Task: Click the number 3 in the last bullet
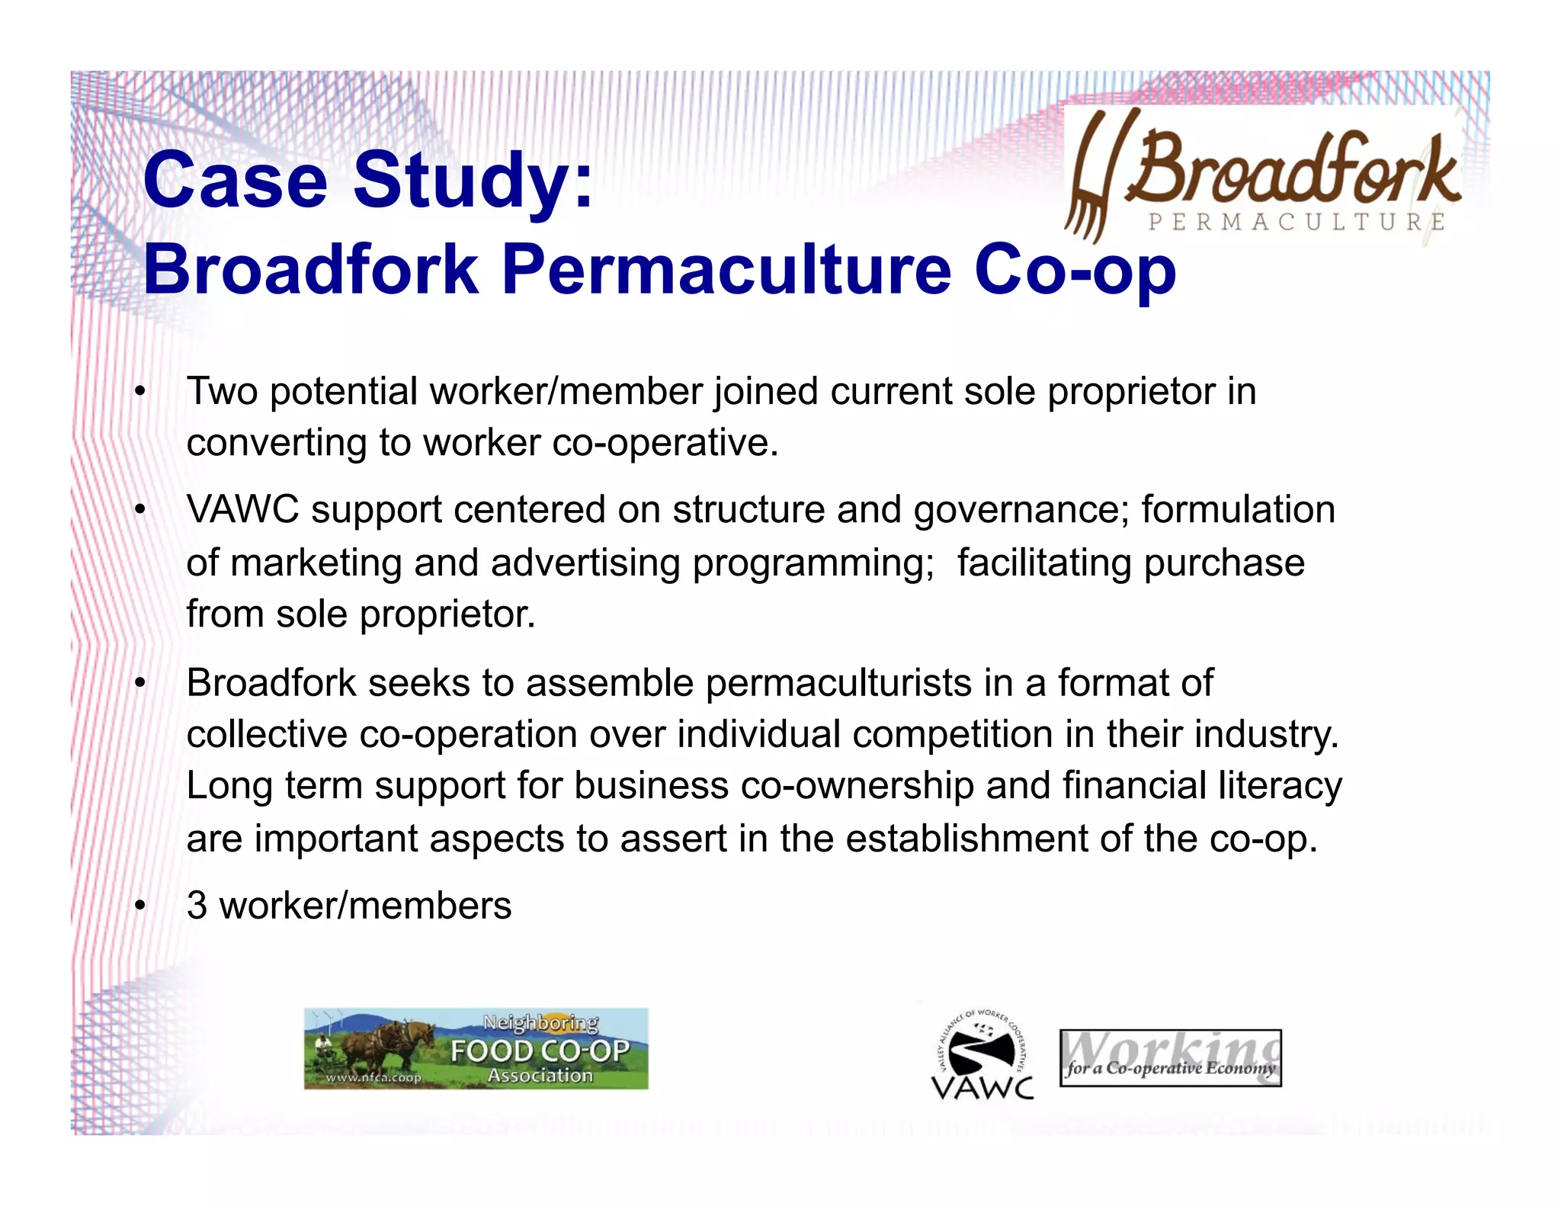click(197, 906)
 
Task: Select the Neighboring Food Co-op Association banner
click(476, 1048)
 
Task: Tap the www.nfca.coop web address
click(373, 1078)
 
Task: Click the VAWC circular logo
click(982, 1054)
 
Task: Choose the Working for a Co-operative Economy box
click(1170, 1058)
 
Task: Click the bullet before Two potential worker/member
click(139, 392)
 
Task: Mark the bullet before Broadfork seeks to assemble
click(139, 683)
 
